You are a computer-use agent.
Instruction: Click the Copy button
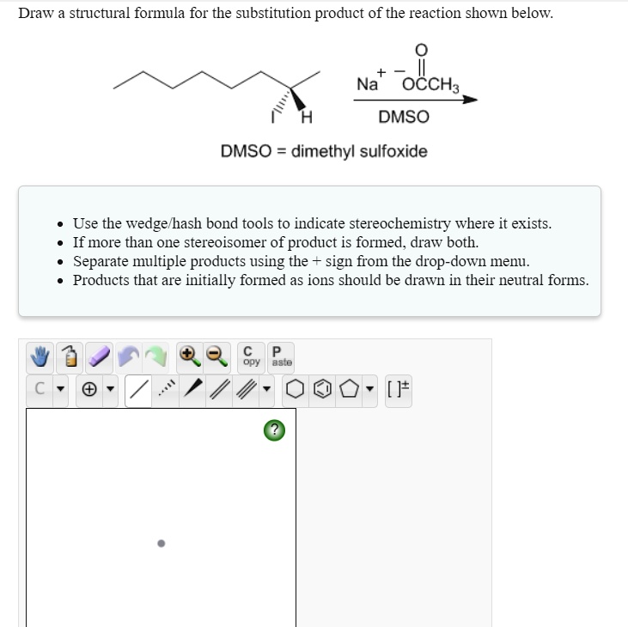250,356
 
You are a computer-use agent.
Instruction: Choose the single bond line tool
137,391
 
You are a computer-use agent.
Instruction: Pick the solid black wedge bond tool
196,391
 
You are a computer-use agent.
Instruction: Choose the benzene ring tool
319,391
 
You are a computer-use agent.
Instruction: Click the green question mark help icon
272,430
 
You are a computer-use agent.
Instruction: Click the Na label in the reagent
368,84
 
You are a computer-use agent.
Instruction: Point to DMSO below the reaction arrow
403,117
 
